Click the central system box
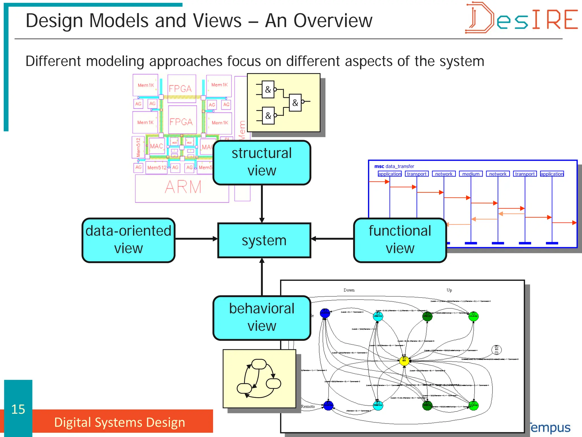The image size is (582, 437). [264, 240]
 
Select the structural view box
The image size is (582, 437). [262, 162]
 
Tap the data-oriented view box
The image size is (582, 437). [128, 240]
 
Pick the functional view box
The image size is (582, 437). [400, 240]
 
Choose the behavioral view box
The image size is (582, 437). [262, 318]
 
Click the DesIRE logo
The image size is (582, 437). [521, 18]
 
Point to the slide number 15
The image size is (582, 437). [18, 409]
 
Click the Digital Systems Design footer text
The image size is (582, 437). [120, 422]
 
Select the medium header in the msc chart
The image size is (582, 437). [471, 174]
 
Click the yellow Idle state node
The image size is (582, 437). [404, 361]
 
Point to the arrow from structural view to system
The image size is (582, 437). [262, 203]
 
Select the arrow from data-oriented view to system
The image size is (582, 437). [196, 239]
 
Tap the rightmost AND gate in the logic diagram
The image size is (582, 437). [295, 102]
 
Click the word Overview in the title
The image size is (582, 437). [332, 20]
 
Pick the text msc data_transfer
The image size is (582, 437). [394, 166]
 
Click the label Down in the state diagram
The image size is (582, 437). [349, 290]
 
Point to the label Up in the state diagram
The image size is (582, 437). [449, 290]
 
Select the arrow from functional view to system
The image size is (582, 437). [332, 239]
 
